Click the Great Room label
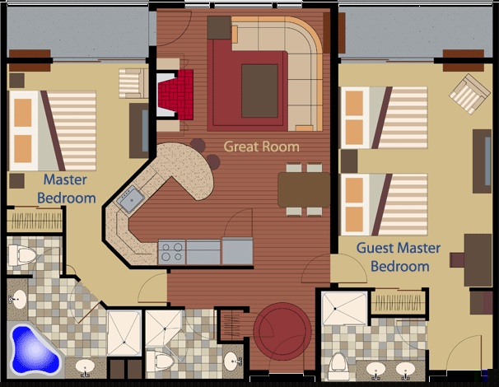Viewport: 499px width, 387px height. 261,147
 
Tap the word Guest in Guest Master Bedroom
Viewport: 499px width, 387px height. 375,248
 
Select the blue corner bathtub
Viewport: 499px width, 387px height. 34,349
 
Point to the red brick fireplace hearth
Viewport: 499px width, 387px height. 176,94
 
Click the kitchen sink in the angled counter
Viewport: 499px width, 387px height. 130,199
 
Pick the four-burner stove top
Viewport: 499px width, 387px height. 172,252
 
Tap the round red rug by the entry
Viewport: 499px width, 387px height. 282,331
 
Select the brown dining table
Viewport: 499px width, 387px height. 304,189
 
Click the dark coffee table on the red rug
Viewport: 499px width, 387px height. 259,91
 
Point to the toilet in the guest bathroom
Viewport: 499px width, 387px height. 338,366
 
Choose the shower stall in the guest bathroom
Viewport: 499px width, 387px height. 344,309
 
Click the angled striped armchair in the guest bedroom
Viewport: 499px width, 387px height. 469,94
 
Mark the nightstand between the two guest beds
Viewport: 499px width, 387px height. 349,161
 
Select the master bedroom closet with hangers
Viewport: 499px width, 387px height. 35,220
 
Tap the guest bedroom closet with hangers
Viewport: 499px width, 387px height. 398,301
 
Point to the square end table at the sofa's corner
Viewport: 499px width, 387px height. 219,28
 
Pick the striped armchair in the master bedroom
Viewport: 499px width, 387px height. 133,83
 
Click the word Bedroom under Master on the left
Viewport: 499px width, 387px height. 67,198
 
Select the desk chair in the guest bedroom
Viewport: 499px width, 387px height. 457,259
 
